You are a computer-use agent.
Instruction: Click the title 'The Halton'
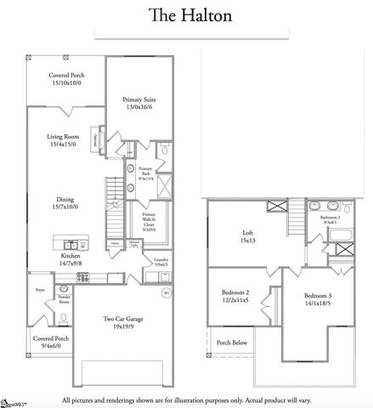coord(185,15)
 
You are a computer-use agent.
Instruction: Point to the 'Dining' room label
coord(65,205)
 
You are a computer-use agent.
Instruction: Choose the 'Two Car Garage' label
coord(120,322)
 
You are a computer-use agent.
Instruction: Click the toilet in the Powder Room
coord(64,317)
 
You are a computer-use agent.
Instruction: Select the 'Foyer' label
coord(39,290)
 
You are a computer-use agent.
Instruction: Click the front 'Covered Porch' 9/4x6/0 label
coord(51,343)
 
